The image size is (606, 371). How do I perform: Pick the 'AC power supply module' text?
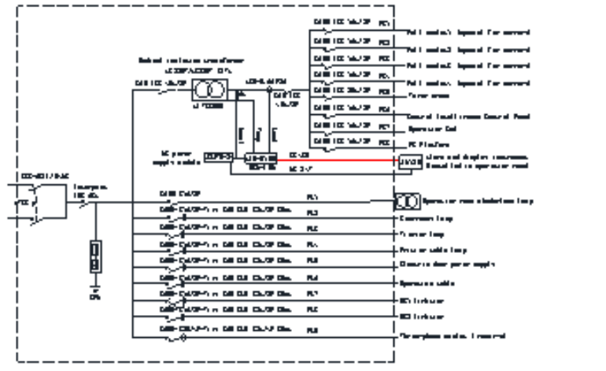[180, 158]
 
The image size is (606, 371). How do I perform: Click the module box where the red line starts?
[261, 158]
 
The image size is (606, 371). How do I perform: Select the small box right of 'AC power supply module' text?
[219, 158]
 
